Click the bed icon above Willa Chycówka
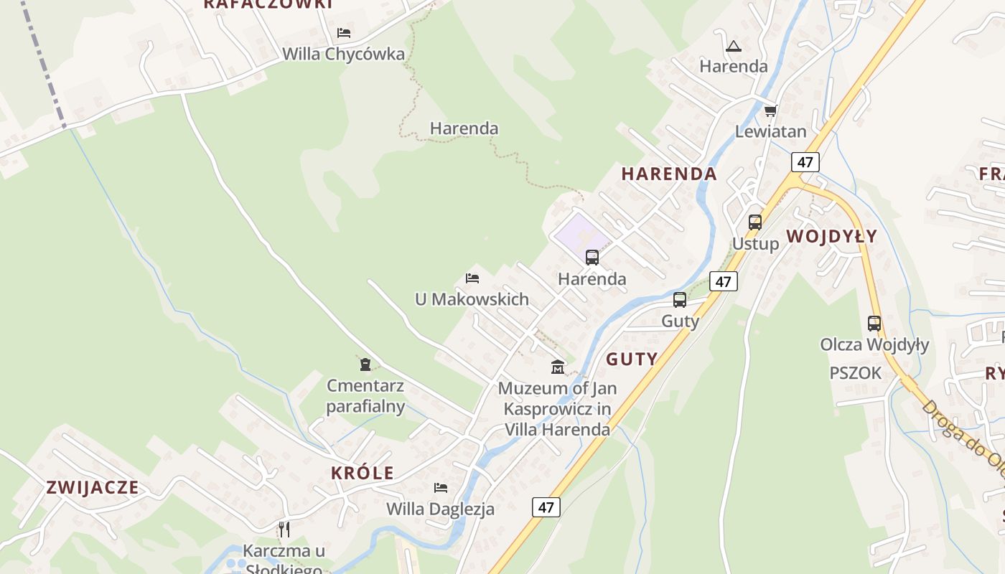coord(344,33)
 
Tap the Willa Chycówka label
coord(343,54)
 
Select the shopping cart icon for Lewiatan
coord(770,110)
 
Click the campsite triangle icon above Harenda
coord(733,47)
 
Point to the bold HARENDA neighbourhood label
coord(668,174)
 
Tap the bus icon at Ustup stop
coord(754,222)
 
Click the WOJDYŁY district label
coord(831,236)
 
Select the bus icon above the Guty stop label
coord(679,300)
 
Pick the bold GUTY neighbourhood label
coord(632,359)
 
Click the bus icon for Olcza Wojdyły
coord(874,324)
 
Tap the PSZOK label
coord(855,373)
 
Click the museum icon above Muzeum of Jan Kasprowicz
coord(557,367)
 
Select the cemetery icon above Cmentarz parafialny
coord(365,364)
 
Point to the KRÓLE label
coord(363,473)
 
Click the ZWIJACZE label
coord(93,487)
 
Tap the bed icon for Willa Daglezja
coord(440,488)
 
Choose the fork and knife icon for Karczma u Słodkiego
coord(284,530)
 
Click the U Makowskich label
coord(472,299)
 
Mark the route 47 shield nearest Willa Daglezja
coord(546,507)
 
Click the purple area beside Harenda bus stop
coord(579,233)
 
